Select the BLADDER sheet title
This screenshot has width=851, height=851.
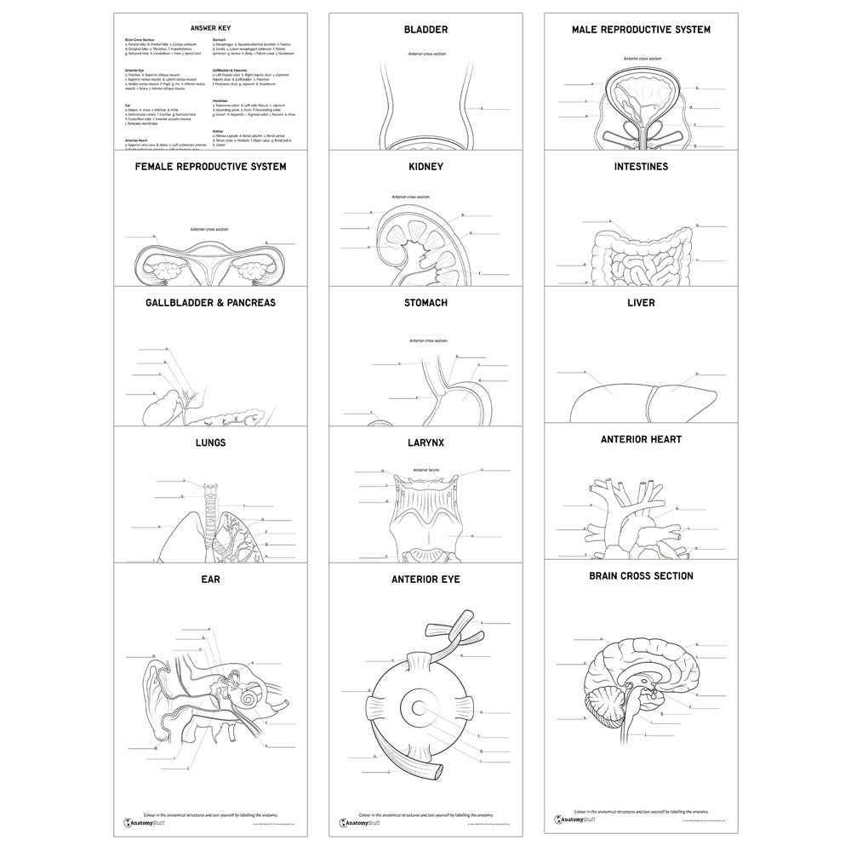[x=425, y=30]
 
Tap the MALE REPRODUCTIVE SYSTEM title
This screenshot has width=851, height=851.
[x=640, y=30]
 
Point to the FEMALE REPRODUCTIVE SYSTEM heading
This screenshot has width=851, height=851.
[x=211, y=167]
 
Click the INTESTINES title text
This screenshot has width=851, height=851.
[x=640, y=167]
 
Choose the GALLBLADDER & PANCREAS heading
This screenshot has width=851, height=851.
[x=211, y=302]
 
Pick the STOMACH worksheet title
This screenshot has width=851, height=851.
[x=425, y=302]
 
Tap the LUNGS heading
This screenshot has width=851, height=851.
[x=211, y=443]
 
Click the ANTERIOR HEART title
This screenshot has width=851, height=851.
[x=640, y=439]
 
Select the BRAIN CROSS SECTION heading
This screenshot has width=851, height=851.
[x=640, y=576]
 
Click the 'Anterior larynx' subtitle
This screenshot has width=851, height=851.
[x=425, y=470]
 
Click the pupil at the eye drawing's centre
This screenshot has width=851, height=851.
[x=420, y=707]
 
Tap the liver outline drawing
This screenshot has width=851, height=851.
[x=640, y=400]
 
